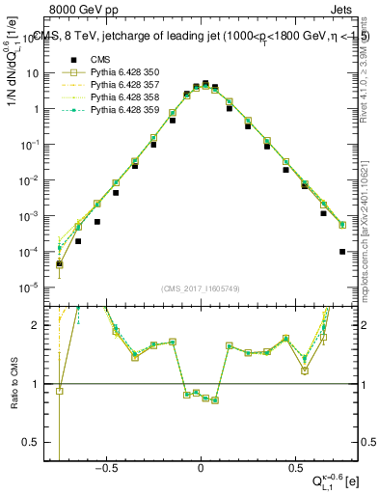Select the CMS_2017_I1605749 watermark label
point(201,288)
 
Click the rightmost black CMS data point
point(342,252)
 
